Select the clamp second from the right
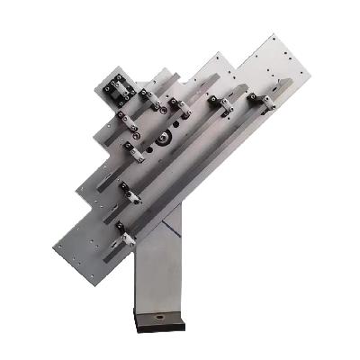tap(221, 105)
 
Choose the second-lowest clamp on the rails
tap(128, 193)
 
